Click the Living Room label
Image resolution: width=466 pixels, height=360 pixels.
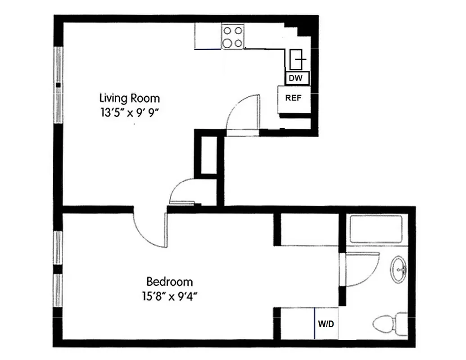click(x=129, y=98)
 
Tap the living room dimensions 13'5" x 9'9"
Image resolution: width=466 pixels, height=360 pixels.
click(x=131, y=112)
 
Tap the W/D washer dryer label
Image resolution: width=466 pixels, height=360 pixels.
click(x=326, y=324)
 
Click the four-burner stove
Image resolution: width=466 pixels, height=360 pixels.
click(x=232, y=37)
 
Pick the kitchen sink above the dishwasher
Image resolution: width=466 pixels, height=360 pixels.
click(x=298, y=58)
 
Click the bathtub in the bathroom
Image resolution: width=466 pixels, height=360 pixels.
click(x=376, y=229)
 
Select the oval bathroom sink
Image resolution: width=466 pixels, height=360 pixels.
click(x=398, y=269)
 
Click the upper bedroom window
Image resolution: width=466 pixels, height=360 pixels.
click(x=58, y=247)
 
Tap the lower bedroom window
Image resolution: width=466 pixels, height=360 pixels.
click(x=58, y=291)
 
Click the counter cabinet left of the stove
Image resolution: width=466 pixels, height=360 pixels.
click(x=208, y=36)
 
